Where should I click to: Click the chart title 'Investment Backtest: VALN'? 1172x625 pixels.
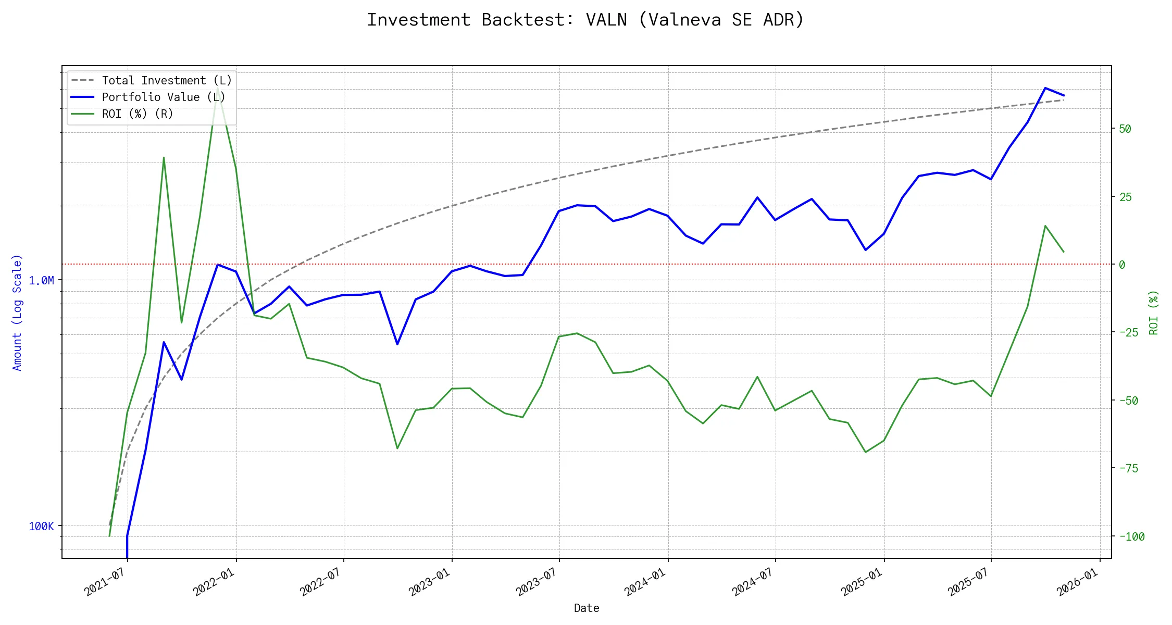click(585, 20)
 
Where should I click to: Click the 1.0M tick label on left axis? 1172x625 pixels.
click(41, 281)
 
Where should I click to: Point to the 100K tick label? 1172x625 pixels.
click(41, 527)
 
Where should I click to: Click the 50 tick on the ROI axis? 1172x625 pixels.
click(1125, 129)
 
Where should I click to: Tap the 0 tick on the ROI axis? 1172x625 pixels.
click(1122, 265)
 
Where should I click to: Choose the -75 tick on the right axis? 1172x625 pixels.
click(1128, 469)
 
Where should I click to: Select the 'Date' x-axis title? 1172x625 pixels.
click(587, 608)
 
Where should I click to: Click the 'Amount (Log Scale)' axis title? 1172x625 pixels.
click(17, 312)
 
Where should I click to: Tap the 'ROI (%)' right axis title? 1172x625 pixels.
click(1153, 312)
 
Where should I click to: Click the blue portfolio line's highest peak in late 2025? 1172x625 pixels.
click(1045, 88)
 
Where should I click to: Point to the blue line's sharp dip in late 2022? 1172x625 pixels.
click(397, 344)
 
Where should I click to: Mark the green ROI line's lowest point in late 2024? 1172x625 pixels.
click(866, 452)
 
